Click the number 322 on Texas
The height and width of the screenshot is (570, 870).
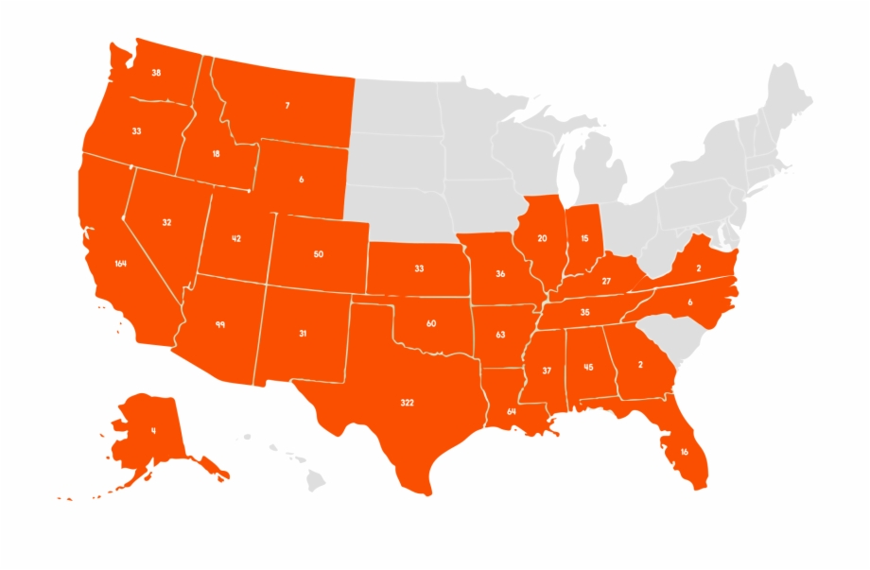pos(407,403)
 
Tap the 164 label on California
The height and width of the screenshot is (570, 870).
pos(120,263)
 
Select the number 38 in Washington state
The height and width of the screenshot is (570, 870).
pos(156,73)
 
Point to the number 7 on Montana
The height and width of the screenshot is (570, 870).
pos(287,105)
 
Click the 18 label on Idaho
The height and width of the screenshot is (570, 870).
pos(217,153)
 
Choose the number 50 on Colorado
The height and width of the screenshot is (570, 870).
pos(318,254)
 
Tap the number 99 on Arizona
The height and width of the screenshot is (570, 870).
pos(219,324)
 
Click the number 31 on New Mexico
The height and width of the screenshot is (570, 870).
pos(303,333)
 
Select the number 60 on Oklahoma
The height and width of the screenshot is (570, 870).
pos(431,323)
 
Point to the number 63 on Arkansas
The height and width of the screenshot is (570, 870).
pos(500,335)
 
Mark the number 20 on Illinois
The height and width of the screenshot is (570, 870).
pos(542,238)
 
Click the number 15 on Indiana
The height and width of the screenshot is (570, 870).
pos(585,238)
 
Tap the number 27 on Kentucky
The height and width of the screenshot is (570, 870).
pos(606,281)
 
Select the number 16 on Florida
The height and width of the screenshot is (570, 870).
pos(684,452)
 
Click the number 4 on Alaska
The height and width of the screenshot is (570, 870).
pos(153,431)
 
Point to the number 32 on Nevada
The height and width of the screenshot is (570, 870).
pos(166,222)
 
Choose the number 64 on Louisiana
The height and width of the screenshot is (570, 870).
pos(511,411)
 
